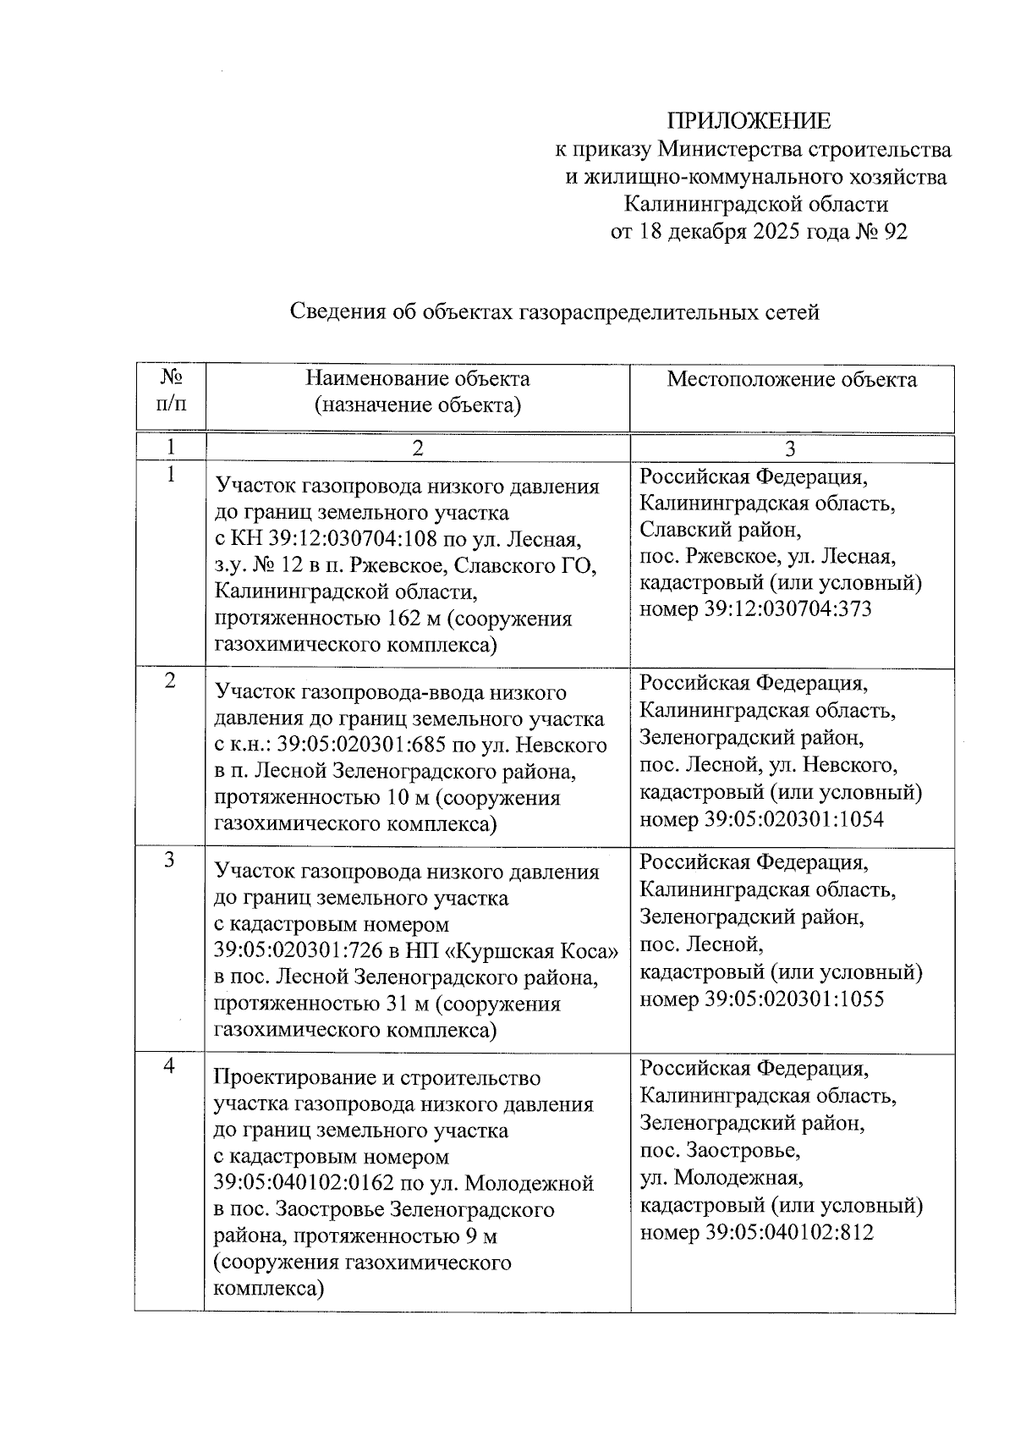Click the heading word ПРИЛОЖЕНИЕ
click(x=750, y=121)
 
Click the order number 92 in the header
click(x=895, y=232)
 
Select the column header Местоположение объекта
click(x=791, y=379)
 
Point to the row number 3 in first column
click(x=169, y=860)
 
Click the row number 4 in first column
click(x=169, y=1066)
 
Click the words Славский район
click(x=719, y=530)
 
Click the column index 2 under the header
click(x=417, y=448)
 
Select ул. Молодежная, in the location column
click(x=721, y=1178)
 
